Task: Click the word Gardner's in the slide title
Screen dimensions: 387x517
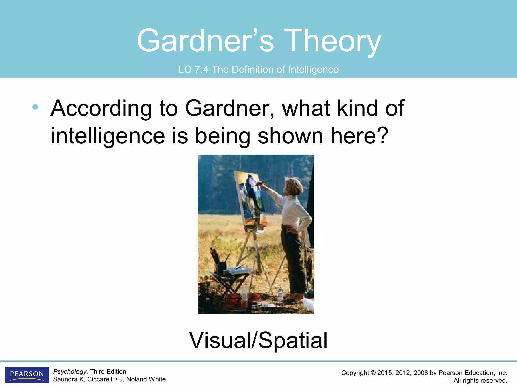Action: point(205,41)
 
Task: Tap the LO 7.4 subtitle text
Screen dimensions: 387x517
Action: point(258,69)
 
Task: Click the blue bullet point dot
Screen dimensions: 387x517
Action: point(35,107)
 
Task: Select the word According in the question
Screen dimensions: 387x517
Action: point(101,108)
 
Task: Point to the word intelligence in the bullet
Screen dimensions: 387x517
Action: point(108,136)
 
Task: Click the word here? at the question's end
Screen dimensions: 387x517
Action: point(359,136)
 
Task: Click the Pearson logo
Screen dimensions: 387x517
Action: point(27,375)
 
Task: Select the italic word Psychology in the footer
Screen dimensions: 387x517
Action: point(70,372)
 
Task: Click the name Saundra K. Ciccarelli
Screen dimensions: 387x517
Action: point(83,379)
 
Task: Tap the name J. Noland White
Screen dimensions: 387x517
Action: point(142,379)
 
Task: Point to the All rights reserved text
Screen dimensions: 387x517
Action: point(480,380)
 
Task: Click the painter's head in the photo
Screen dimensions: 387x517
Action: point(294,186)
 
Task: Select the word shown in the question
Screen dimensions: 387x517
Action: point(290,136)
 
